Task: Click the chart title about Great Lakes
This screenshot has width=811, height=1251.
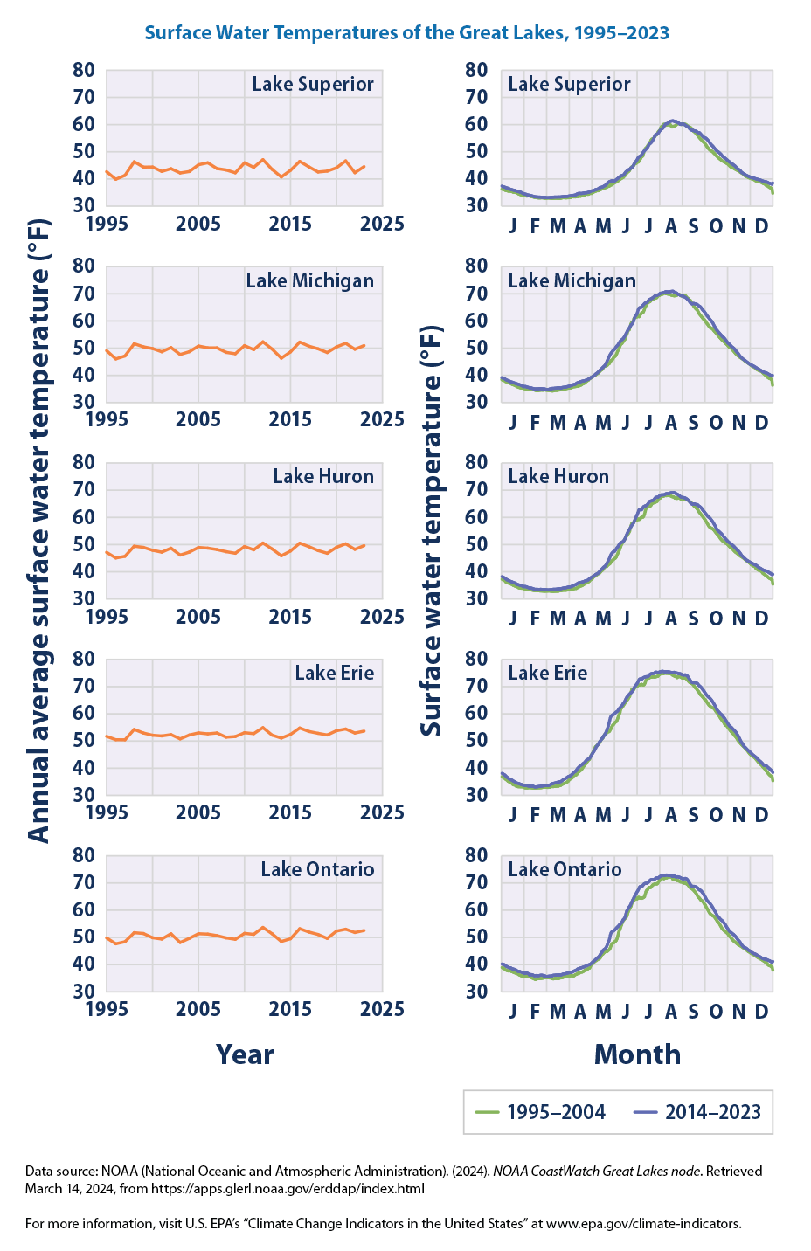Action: click(x=406, y=33)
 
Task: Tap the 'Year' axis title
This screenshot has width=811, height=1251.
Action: click(x=245, y=1054)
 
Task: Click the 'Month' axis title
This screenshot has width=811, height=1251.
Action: click(x=637, y=1054)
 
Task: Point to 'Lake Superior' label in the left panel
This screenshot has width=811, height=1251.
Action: click(x=313, y=85)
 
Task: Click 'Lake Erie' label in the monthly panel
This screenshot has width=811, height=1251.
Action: click(x=547, y=673)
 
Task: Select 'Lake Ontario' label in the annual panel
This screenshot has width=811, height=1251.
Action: click(x=317, y=869)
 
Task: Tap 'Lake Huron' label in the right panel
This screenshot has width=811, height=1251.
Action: click(x=558, y=476)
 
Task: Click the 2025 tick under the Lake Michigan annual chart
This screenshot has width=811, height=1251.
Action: click(x=382, y=420)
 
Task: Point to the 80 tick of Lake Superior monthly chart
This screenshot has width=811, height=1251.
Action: click(x=475, y=70)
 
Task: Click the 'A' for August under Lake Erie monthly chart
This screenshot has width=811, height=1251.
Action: click(x=671, y=815)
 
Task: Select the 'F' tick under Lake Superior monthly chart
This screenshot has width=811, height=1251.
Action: click(x=535, y=226)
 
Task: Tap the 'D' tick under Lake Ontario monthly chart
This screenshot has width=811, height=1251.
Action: click(x=761, y=1011)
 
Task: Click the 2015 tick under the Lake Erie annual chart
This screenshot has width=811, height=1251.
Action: click(x=290, y=812)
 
